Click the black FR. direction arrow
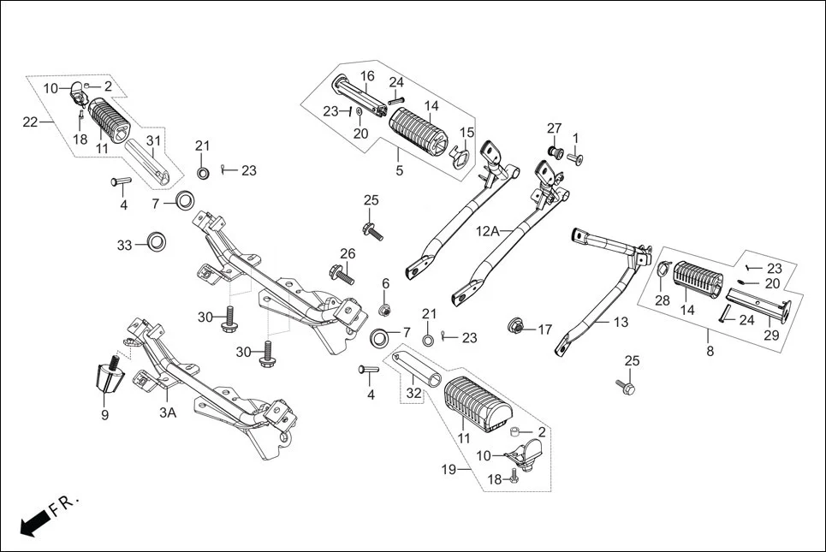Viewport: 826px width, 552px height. coord(33,520)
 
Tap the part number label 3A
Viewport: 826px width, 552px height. coord(168,413)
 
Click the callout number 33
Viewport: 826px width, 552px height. coord(125,246)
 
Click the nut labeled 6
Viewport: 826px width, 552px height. coord(385,309)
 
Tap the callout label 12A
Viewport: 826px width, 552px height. coord(489,231)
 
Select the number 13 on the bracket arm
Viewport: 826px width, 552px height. coord(619,322)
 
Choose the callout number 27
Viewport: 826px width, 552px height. coord(554,128)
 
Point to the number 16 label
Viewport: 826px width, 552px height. coord(366,76)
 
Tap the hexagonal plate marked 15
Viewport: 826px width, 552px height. coord(459,155)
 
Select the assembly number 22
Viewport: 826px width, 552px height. coord(30,122)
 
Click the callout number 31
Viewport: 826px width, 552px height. coord(153,140)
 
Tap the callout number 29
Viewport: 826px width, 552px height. coord(771,335)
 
